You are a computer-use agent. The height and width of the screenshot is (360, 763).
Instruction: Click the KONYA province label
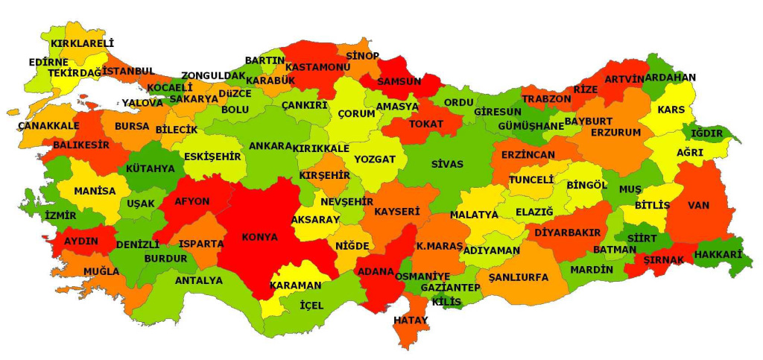(259, 238)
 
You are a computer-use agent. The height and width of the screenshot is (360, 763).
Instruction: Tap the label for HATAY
(411, 320)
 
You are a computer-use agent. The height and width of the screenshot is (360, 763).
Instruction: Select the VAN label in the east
(698, 205)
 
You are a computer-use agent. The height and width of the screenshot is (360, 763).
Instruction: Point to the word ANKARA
(270, 146)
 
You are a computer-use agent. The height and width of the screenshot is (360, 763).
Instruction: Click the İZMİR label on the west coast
(60, 215)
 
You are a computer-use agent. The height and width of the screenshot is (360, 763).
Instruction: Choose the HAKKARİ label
(718, 255)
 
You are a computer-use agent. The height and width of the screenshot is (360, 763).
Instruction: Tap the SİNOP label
(362, 56)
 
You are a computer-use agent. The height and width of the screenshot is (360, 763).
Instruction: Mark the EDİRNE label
(48, 62)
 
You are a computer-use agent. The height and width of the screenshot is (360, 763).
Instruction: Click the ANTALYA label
(198, 281)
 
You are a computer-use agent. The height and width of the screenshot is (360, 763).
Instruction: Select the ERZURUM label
(615, 133)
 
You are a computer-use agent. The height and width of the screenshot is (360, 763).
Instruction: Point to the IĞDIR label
(707, 133)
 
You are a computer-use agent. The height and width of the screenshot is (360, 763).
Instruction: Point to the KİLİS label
(447, 302)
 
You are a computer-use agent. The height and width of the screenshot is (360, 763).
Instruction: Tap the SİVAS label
(447, 164)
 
